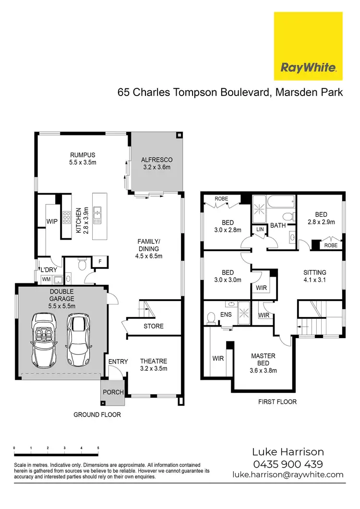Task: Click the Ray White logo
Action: (308, 46)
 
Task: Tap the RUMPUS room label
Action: (83, 159)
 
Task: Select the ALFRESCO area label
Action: (156, 164)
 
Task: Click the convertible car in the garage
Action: (46, 339)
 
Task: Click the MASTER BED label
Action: (263, 363)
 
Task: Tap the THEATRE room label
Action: (154, 365)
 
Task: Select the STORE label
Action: (154, 327)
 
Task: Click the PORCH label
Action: (113, 392)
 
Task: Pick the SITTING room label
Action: (315, 276)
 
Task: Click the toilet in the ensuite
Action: (211, 317)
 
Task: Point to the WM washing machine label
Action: (46, 279)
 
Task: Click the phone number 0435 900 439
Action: (288, 464)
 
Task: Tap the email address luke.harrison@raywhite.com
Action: (288, 474)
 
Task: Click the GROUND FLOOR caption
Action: (97, 414)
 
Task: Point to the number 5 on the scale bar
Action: (98, 448)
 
